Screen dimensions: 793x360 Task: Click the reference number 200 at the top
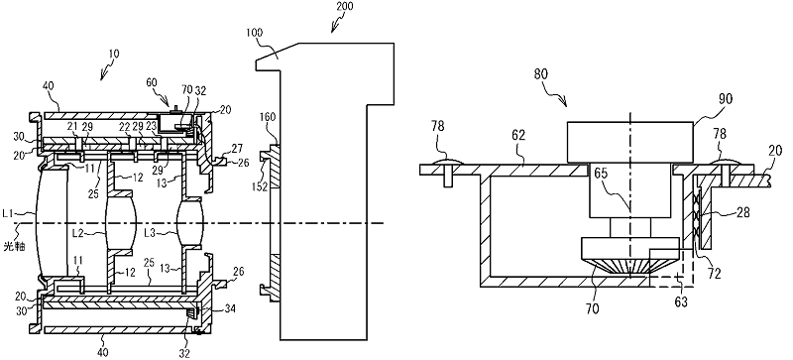pyautogui.click(x=343, y=6)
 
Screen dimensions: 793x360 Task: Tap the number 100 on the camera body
pyautogui.click(x=254, y=33)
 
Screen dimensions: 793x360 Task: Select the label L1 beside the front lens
pyautogui.click(x=7, y=213)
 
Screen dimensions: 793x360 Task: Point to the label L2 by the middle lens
pyautogui.click(x=78, y=233)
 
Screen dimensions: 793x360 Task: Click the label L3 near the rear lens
pyautogui.click(x=151, y=233)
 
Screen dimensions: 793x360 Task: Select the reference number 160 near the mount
pyautogui.click(x=268, y=117)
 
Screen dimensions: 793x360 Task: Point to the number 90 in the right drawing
pyautogui.click(x=725, y=99)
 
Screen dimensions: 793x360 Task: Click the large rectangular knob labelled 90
pyautogui.click(x=630, y=142)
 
